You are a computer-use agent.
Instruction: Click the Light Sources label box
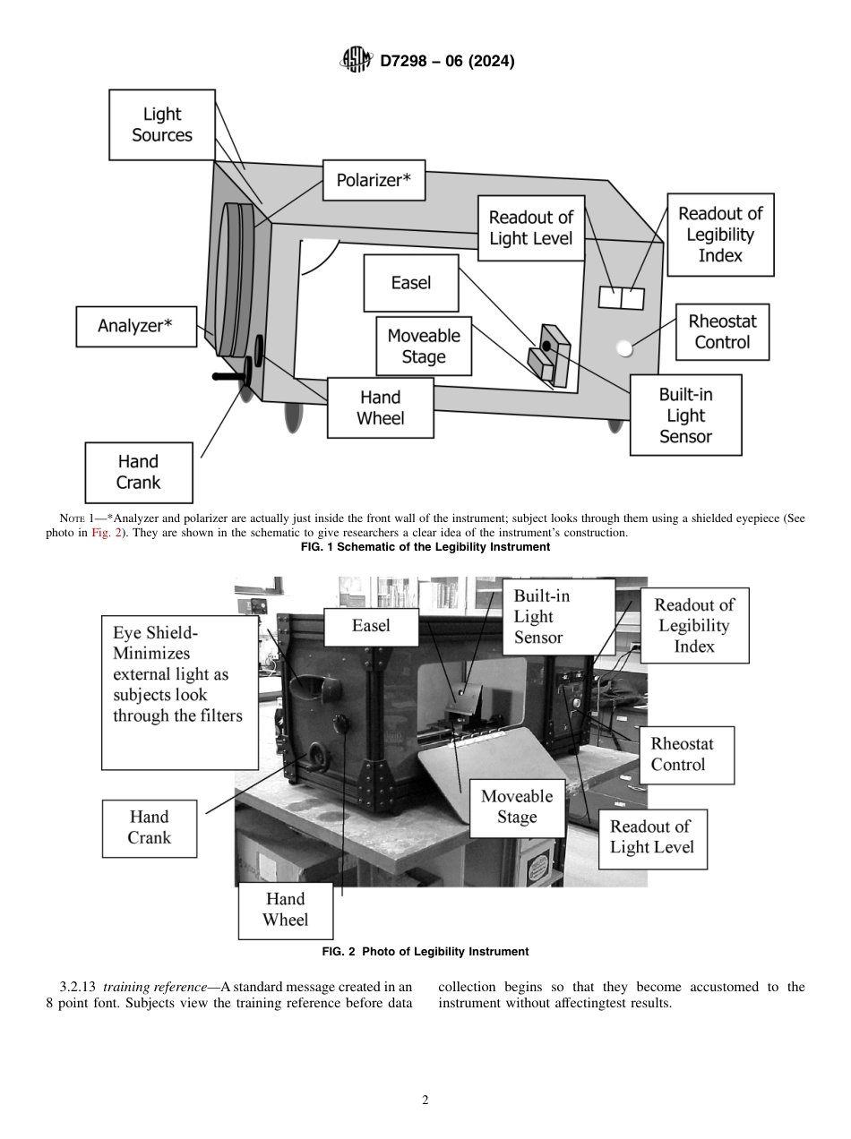click(162, 124)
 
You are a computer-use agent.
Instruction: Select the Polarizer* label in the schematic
click(374, 181)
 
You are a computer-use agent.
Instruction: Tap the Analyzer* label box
click(135, 326)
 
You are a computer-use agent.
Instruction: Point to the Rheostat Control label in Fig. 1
click(722, 331)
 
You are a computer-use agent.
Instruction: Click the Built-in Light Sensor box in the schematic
click(685, 415)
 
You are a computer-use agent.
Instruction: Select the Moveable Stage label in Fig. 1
click(424, 347)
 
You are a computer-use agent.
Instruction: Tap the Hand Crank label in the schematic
click(138, 472)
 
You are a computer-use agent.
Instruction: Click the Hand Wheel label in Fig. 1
click(381, 407)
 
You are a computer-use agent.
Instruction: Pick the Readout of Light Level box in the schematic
click(531, 228)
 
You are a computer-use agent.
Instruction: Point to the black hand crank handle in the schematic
click(229, 378)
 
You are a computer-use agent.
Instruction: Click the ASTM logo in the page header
click(357, 61)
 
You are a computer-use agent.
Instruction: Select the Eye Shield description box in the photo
click(177, 693)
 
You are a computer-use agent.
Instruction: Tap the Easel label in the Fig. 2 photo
click(371, 626)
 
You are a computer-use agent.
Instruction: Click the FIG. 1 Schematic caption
click(425, 547)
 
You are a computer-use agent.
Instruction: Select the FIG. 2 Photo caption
click(425, 951)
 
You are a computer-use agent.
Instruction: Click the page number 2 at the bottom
click(425, 1100)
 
